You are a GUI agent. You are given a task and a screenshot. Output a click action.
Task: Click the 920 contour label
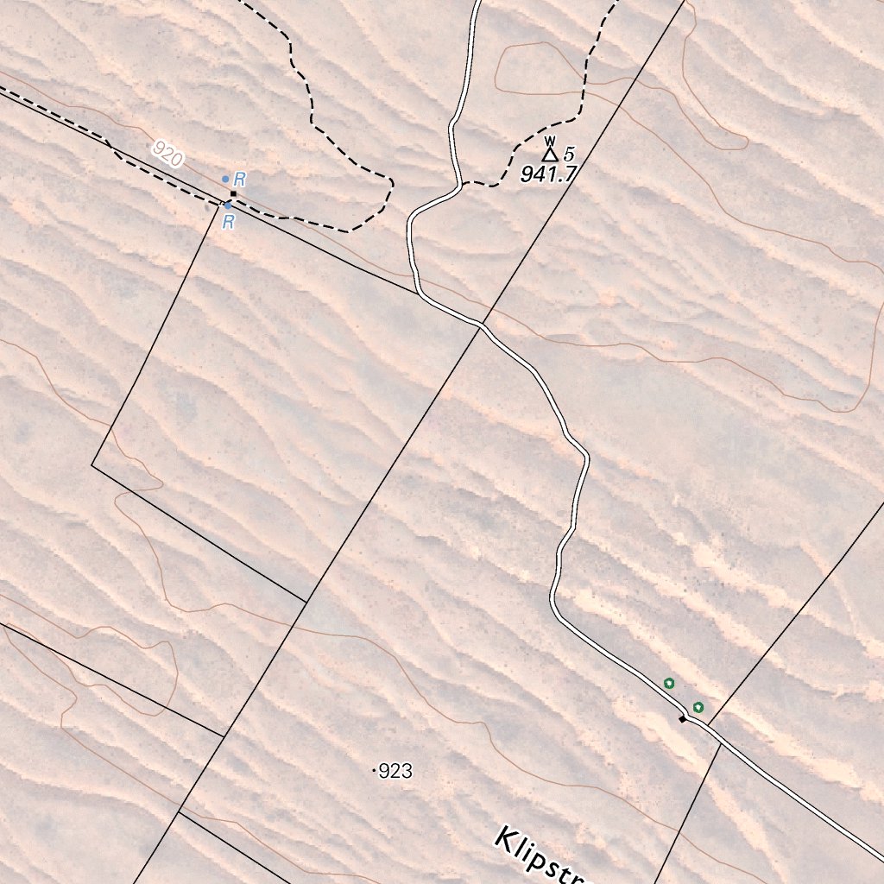[x=167, y=154]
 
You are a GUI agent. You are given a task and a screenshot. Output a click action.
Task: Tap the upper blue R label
[x=240, y=180]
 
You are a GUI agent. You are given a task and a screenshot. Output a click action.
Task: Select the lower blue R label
[x=229, y=223]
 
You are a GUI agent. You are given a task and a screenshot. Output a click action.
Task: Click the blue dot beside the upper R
[x=225, y=179]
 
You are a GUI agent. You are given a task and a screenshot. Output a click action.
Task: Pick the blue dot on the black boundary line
[x=228, y=205]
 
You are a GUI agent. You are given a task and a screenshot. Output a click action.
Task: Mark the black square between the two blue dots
[x=233, y=194]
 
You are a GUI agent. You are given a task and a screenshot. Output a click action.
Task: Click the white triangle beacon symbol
[x=549, y=155]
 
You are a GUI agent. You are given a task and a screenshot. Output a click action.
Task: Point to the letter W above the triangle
[x=549, y=140]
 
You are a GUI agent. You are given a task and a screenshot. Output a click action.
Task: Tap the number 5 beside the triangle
[x=568, y=155]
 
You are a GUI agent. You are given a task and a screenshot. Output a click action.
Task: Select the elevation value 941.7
[x=547, y=174]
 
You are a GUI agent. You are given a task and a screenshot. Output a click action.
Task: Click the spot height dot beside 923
[x=375, y=771]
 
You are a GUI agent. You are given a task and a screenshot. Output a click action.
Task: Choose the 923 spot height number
[x=395, y=771]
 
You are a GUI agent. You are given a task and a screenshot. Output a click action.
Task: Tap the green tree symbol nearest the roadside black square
[x=698, y=707]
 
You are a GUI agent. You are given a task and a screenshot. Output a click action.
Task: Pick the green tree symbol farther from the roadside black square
[x=669, y=684]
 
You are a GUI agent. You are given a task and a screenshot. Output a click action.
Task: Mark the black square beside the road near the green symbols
[x=682, y=718]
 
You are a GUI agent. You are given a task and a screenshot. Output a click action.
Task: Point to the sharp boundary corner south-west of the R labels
[x=92, y=466]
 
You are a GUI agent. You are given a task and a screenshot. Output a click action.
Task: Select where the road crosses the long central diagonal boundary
[x=481, y=325]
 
